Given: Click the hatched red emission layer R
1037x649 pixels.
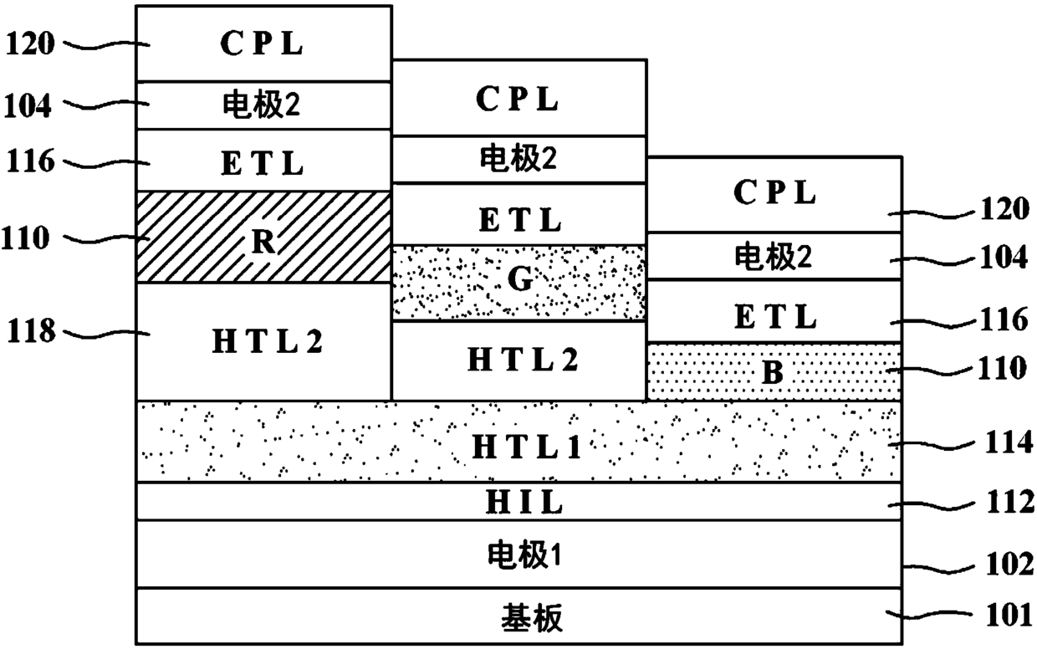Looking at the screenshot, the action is [263, 237].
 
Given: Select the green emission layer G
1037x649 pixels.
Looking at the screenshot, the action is [519, 283].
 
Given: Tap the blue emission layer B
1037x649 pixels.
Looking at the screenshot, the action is [774, 371].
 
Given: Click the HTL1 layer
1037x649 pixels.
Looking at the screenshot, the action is [519, 442].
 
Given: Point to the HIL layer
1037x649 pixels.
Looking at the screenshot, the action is [519, 501].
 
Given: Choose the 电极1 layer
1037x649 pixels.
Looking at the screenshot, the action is [519, 554].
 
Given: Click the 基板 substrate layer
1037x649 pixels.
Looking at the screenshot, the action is [519, 616].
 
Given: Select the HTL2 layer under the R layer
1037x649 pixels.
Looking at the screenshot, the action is [263, 341].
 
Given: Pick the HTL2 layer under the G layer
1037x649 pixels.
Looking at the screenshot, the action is [519, 360].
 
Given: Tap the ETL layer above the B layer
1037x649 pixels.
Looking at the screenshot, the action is [774, 310].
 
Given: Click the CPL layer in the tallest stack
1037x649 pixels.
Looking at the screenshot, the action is [263, 43].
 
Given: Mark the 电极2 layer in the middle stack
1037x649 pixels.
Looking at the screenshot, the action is [519, 159].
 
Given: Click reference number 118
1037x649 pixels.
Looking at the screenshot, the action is [31, 331].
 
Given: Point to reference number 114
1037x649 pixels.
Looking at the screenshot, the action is [1009, 442].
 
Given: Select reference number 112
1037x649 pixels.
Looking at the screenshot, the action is [1010, 503].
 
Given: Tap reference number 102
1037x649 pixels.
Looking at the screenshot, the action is [1009, 565].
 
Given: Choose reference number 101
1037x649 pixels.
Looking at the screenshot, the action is [1009, 616].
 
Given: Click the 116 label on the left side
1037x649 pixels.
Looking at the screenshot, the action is [31, 161].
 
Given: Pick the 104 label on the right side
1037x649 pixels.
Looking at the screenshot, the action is [1004, 257].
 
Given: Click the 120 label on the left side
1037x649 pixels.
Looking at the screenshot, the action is [30, 44].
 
